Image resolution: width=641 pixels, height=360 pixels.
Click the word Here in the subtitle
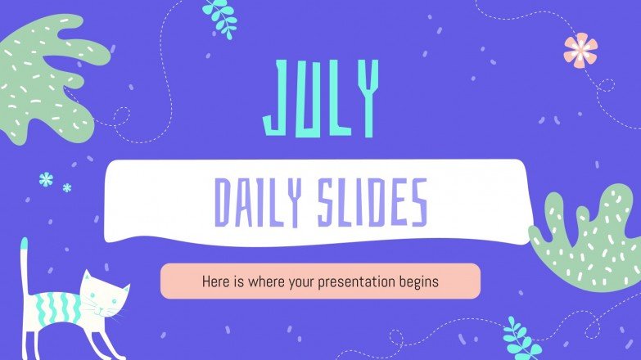coord(215,281)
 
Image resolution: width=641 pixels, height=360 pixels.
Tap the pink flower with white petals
coord(580,49)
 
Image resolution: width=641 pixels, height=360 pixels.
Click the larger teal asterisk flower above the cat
coord(46,179)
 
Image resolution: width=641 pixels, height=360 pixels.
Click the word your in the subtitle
coord(295,281)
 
